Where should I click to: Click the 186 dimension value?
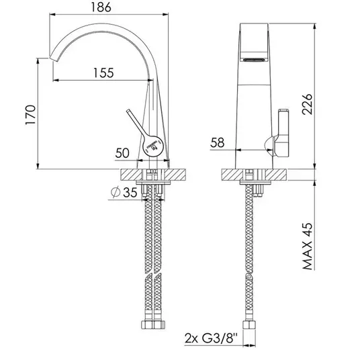[x=101, y=7]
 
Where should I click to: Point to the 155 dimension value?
[x=103, y=73]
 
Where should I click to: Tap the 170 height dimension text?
[x=30, y=115]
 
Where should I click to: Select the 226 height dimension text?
[x=307, y=104]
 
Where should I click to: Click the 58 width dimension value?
[x=217, y=142]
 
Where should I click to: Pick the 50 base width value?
[x=122, y=153]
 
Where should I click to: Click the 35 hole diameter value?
[x=130, y=192]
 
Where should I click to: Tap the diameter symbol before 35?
[x=116, y=192]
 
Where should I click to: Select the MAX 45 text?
[x=308, y=246]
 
